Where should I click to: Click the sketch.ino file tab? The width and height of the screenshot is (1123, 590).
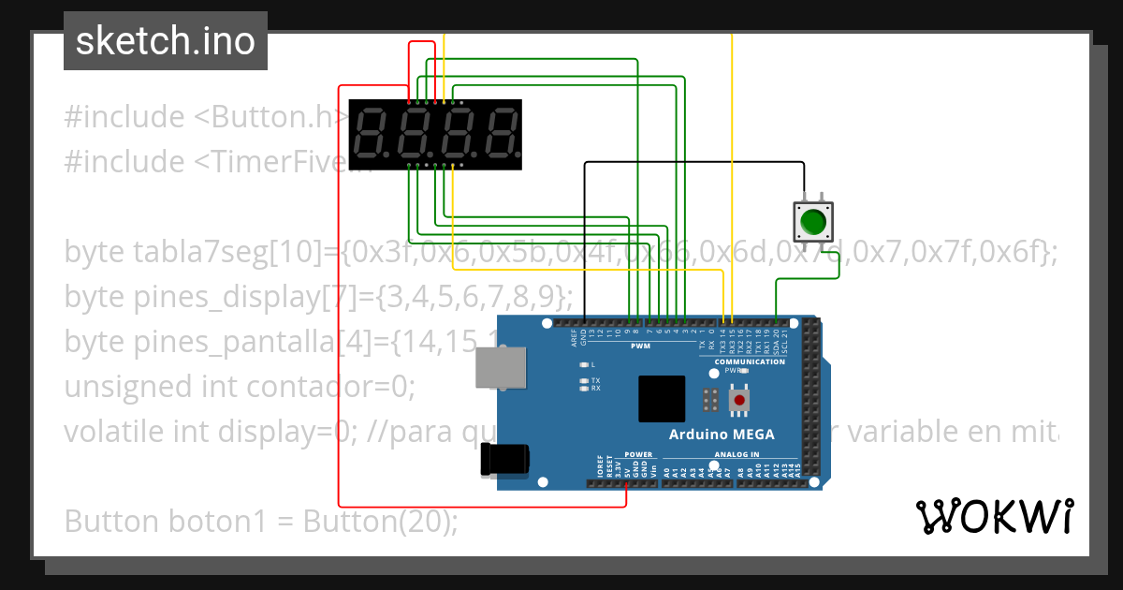tap(165, 41)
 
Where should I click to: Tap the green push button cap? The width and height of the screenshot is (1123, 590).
tap(812, 222)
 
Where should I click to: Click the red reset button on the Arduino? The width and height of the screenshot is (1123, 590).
tap(739, 401)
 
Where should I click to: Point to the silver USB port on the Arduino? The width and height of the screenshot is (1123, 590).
tap(498, 368)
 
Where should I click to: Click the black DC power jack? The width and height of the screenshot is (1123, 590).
tap(504, 459)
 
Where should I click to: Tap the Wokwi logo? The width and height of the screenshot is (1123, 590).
tap(994, 516)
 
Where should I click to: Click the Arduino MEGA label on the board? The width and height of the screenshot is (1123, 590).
tap(722, 435)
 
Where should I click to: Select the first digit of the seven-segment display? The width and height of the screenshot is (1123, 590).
tap(372, 132)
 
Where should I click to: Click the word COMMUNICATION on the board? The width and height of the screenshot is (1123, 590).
tap(750, 361)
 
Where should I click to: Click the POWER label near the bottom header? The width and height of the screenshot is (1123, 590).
tap(638, 454)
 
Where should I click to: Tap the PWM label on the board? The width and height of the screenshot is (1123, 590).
tap(640, 346)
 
